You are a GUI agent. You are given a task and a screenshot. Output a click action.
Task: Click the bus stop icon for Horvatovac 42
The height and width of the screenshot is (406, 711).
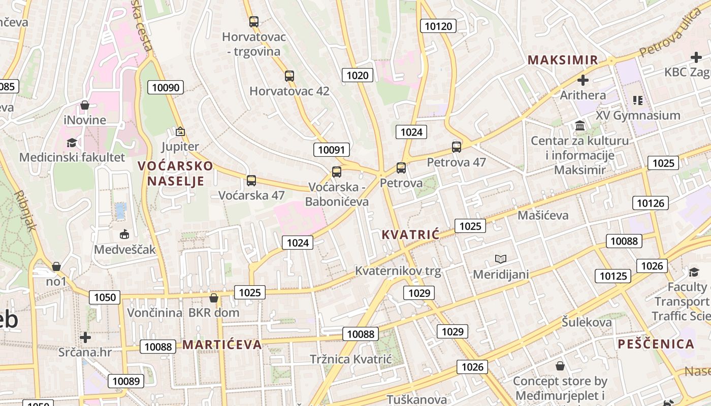pyautogui.click(x=289, y=76)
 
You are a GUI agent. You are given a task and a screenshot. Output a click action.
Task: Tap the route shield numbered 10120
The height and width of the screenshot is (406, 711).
pyautogui.click(x=438, y=26)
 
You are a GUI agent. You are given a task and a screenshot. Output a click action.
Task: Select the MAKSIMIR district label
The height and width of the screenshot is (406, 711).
pyautogui.click(x=563, y=60)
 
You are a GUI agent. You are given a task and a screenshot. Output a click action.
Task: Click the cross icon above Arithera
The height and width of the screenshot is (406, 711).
pyautogui.click(x=583, y=80)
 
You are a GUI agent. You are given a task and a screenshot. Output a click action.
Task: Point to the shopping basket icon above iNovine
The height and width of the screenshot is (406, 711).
pyautogui.click(x=85, y=105)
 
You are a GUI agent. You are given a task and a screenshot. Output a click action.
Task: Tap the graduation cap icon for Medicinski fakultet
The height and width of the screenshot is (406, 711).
pyautogui.click(x=72, y=143)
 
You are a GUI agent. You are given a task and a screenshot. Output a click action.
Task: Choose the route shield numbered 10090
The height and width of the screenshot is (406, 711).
pyautogui.click(x=166, y=87)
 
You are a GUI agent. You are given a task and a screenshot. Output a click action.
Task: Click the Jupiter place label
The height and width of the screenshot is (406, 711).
pyautogui.click(x=180, y=147)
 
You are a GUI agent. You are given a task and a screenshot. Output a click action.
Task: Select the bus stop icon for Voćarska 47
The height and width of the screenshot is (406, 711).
pyautogui.click(x=251, y=181)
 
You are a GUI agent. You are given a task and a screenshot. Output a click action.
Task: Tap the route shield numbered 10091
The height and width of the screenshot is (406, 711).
pyautogui.click(x=331, y=150)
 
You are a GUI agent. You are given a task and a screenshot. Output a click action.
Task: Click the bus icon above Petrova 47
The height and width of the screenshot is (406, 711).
pyautogui.click(x=457, y=147)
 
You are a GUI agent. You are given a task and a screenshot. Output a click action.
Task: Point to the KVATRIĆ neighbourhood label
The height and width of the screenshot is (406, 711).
pyautogui.click(x=410, y=234)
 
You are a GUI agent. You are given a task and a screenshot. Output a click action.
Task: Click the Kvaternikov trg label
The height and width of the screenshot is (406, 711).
pyautogui.click(x=398, y=270)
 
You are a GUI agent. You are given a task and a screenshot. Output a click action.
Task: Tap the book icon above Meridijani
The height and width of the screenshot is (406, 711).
pyautogui.click(x=501, y=259)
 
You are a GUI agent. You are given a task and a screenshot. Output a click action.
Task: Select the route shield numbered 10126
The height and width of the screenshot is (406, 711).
pyautogui.click(x=650, y=204)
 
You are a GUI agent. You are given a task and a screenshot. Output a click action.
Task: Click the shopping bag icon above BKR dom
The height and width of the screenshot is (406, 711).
pyautogui.click(x=214, y=298)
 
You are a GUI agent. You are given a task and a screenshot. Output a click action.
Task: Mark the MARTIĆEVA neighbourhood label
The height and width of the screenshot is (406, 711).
pyautogui.click(x=222, y=345)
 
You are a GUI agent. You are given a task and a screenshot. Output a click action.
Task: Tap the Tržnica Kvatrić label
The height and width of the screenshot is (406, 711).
pyautogui.click(x=351, y=359)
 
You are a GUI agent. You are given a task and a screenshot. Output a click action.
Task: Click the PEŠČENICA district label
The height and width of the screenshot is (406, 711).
pyautogui.click(x=656, y=344)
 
